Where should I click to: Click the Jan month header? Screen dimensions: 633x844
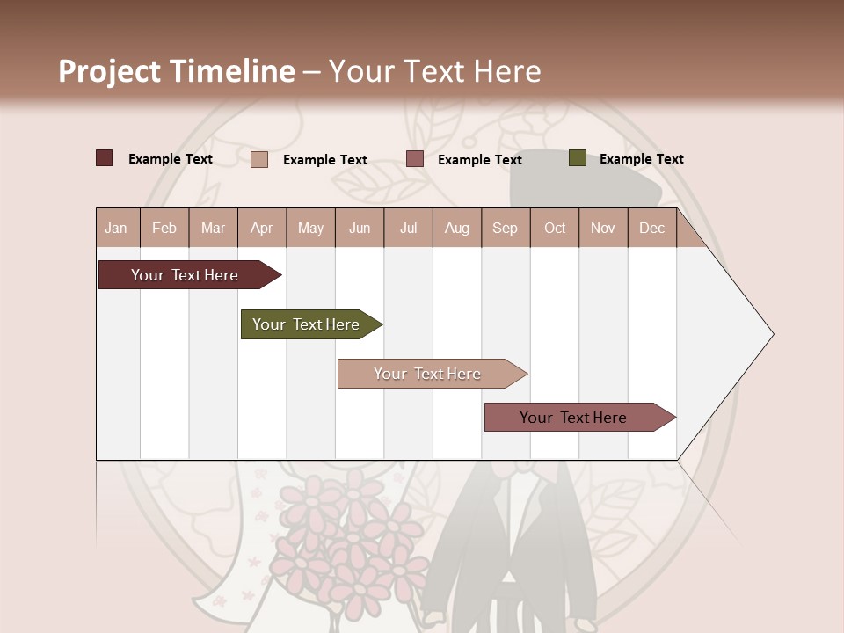[x=116, y=229]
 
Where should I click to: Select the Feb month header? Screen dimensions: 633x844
[x=164, y=229]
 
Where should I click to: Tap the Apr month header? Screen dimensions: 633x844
[x=262, y=229]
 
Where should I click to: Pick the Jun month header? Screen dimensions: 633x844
[x=360, y=229]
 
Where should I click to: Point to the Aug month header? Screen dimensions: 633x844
[x=457, y=229]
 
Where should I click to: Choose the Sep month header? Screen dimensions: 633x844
[x=506, y=229]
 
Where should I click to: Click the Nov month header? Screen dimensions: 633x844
[x=603, y=229]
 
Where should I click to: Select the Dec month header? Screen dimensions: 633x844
[x=652, y=229]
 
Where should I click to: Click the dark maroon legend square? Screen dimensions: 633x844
[x=105, y=158]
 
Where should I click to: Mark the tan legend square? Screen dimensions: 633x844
[x=259, y=159]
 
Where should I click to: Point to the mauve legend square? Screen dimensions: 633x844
[x=415, y=159]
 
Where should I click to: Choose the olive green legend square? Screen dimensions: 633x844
[x=578, y=158]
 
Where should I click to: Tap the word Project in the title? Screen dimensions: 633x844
[x=109, y=71]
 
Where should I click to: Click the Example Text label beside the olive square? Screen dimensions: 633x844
[x=641, y=159]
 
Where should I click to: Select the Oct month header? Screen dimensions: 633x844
[x=555, y=229]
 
